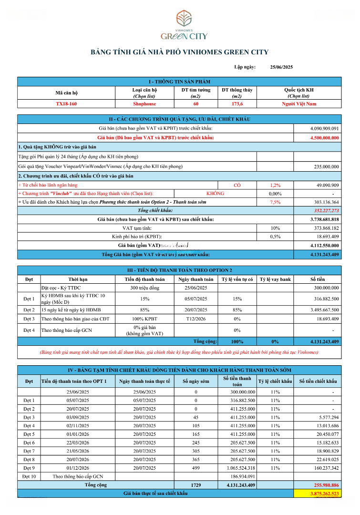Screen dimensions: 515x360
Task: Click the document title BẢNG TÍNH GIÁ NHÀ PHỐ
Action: pos(179,52)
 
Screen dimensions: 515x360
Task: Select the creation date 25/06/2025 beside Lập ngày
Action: pos(282,67)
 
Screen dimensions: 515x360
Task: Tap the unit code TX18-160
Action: pos(66,103)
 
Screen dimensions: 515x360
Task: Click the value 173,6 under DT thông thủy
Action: pos(237,103)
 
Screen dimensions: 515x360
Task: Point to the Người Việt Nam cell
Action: pos(299,103)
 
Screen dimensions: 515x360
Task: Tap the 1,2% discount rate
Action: pos(275,185)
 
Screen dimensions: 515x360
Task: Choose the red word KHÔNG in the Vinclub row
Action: pos(215,194)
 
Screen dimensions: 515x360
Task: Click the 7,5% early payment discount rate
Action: pos(275,202)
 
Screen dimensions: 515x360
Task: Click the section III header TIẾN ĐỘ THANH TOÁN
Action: pos(179,270)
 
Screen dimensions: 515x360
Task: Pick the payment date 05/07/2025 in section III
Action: pos(196,299)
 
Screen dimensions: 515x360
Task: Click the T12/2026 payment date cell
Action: pos(196,319)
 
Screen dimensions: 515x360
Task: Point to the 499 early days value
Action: pos(195,468)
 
